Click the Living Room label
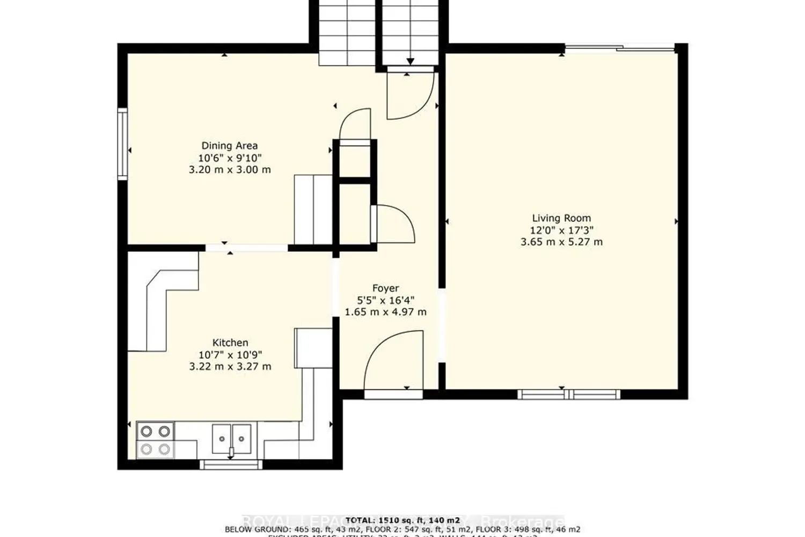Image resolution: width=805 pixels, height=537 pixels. pos(561,218)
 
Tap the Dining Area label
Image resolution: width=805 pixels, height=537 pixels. pos(229,146)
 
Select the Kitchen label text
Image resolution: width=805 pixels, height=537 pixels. pos(230,343)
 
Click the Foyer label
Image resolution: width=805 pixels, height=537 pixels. pos(385,288)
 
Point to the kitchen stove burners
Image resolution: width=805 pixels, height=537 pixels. pos(155,439)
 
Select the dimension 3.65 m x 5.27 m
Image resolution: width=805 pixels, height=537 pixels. pos(561,242)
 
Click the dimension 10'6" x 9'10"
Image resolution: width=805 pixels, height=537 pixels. pos(229,158)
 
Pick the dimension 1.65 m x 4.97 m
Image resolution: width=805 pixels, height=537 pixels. pos(385,312)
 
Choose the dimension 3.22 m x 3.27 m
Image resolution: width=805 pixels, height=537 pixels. pos(230,367)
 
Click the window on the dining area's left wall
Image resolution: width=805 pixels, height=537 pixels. pos(123,143)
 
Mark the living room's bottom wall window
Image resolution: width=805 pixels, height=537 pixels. pos(569,395)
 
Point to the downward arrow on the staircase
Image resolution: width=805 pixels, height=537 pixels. pos(411,60)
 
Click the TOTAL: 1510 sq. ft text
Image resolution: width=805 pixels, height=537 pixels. pos(402,520)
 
